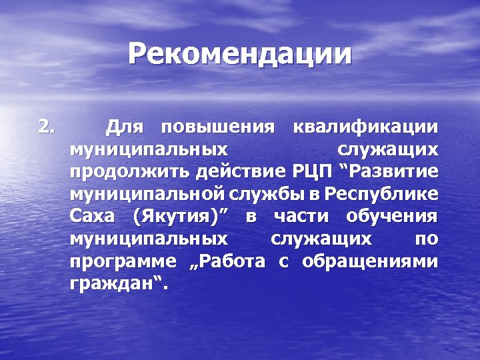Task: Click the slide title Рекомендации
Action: [240, 54]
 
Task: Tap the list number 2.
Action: [47, 126]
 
